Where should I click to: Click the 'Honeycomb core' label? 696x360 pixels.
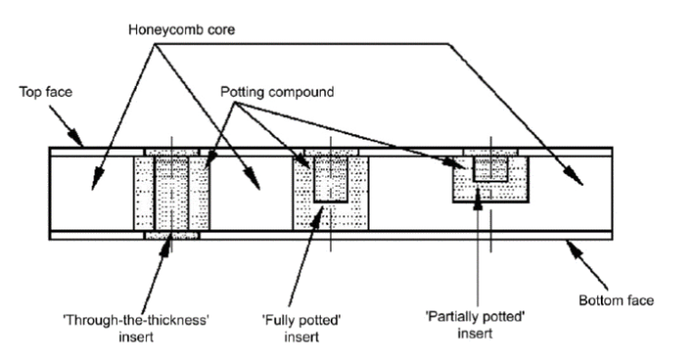[x=181, y=30]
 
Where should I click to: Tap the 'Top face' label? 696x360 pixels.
[x=45, y=92]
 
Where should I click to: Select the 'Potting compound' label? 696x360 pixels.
[x=277, y=92]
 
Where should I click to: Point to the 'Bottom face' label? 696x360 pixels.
[x=616, y=300]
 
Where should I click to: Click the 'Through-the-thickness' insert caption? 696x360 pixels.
[x=136, y=328]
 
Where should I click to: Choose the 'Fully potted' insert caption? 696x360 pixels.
[x=302, y=328]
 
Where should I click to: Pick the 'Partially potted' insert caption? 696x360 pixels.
[x=476, y=325]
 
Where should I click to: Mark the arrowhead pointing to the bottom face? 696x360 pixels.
[x=575, y=248]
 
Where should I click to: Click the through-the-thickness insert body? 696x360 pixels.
[x=171, y=193]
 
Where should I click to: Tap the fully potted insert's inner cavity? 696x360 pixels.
[x=331, y=179]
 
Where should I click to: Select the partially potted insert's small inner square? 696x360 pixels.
[x=490, y=169]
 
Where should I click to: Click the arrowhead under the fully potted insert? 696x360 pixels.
[x=316, y=215]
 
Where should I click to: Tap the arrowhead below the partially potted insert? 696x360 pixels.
[x=478, y=199]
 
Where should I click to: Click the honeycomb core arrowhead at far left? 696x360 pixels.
[x=96, y=180]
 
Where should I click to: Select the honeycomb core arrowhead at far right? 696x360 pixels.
[x=575, y=177]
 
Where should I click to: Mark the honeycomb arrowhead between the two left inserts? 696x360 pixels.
[x=254, y=180]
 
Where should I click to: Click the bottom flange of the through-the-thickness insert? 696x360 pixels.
[x=172, y=235]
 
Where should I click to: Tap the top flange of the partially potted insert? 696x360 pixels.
[x=490, y=151]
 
